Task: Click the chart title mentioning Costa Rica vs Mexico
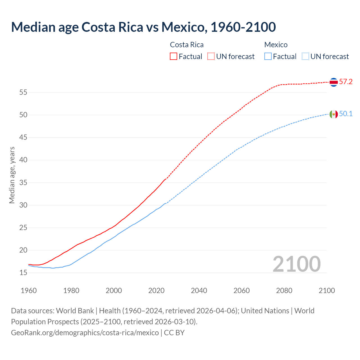[143, 27]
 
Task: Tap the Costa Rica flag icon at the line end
[334, 82]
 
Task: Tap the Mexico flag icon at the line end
[334, 114]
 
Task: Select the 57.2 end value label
[346, 82]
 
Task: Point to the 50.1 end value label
[346, 114]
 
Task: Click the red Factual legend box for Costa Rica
[174, 56]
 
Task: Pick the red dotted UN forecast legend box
[211, 56]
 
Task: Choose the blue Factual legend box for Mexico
[268, 56]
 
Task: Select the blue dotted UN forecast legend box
[305, 56]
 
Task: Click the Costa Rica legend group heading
[187, 45]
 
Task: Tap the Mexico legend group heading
[276, 45]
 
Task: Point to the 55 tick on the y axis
[23, 92]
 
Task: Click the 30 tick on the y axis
[23, 205]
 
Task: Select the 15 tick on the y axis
[23, 273]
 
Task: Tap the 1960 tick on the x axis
[29, 291]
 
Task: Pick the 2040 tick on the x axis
[199, 291]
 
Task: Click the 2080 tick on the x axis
[284, 291]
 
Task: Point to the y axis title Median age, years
[12, 175]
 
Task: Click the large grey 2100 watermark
[296, 264]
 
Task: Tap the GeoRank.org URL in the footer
[85, 333]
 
